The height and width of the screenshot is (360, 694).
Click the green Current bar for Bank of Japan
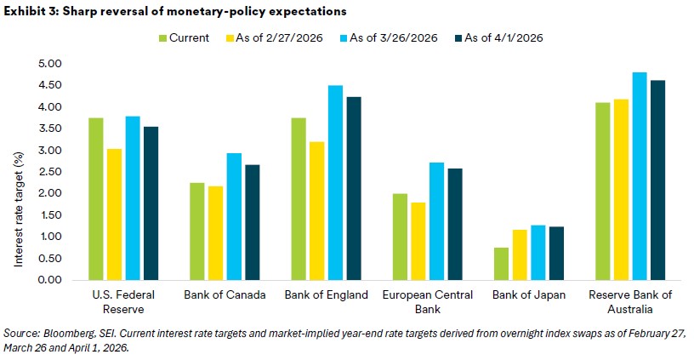[x=502, y=264]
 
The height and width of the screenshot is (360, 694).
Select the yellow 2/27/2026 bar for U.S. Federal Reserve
[x=114, y=214]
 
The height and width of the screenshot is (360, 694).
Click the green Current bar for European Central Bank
[x=400, y=237]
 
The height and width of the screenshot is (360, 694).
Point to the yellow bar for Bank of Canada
[x=216, y=232]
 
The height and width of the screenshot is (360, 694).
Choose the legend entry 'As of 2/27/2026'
[x=277, y=37]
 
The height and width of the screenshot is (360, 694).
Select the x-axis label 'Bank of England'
[x=327, y=295]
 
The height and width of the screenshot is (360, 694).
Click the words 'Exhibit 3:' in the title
[x=28, y=9]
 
